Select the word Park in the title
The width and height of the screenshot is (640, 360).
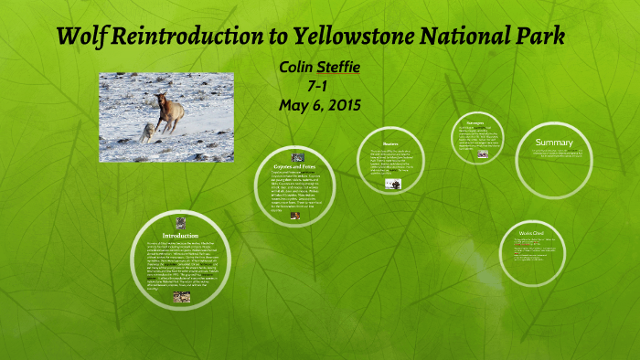[x=539, y=37]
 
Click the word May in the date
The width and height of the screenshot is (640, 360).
[x=293, y=104]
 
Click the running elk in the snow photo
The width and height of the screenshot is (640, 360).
[x=170, y=109]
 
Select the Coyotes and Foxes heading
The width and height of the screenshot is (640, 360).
[x=294, y=166]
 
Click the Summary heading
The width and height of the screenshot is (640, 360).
[x=554, y=143]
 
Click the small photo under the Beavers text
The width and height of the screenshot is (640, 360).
[x=392, y=184]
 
